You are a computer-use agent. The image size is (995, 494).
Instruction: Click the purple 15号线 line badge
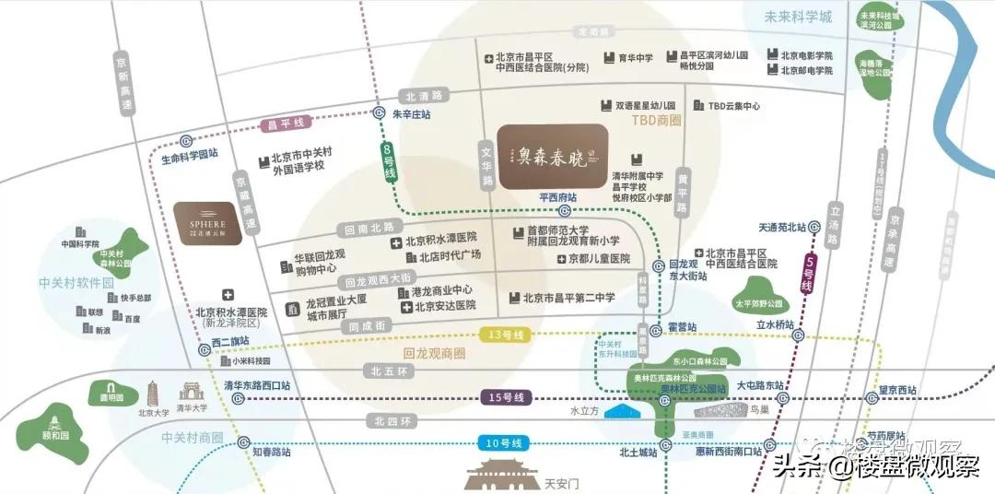[506, 397]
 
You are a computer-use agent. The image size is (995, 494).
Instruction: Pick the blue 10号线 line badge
[506, 444]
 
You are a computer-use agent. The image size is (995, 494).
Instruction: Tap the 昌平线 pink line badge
[287, 123]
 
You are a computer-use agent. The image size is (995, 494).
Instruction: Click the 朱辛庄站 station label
[400, 114]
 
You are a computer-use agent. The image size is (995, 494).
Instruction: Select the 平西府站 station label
[557, 197]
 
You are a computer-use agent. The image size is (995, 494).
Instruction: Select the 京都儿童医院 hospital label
[592, 259]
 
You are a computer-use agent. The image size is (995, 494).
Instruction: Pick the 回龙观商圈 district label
[434, 353]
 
